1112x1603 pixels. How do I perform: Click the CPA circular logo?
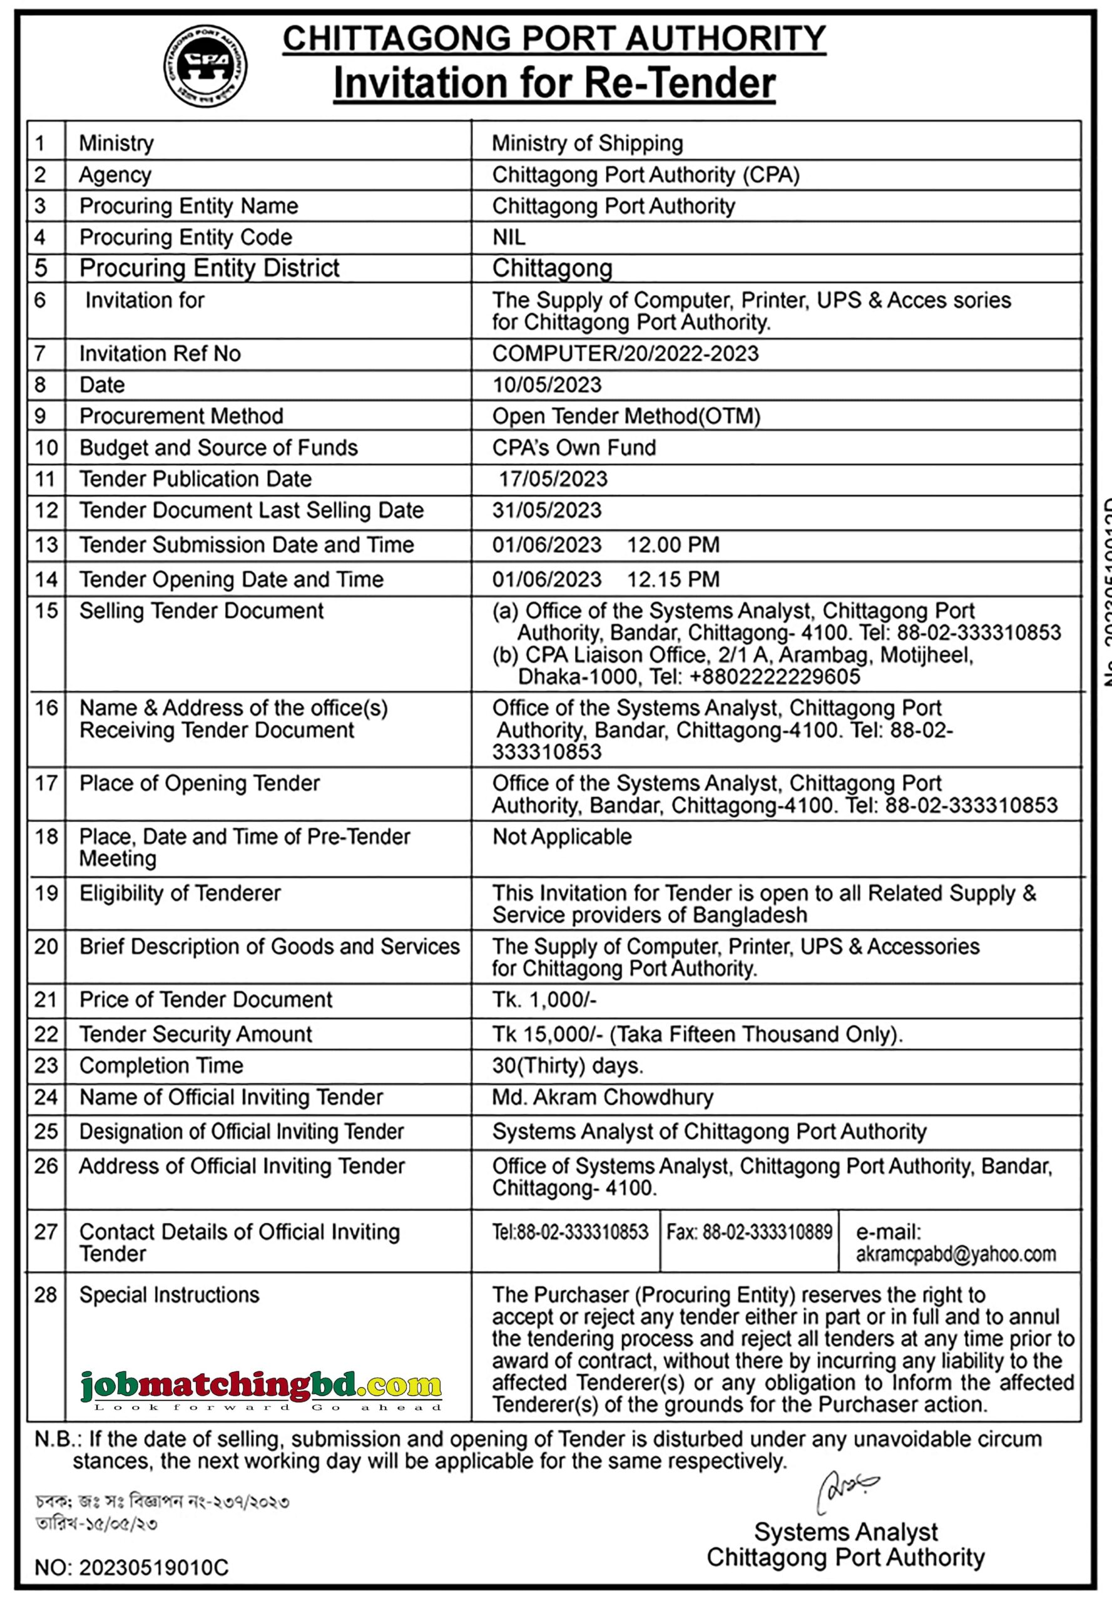(x=205, y=66)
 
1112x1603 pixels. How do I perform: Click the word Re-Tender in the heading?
(x=680, y=84)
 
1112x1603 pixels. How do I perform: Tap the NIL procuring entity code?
(x=509, y=238)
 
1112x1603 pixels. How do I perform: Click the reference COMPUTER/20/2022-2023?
(x=625, y=354)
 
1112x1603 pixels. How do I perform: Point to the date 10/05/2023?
(x=546, y=385)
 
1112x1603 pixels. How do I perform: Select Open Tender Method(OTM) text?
(x=626, y=416)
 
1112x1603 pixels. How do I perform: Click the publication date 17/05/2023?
(x=553, y=479)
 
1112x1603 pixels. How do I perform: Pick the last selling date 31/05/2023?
(x=546, y=510)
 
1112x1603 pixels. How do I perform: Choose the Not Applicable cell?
(x=561, y=837)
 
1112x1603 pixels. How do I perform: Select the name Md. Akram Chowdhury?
(x=602, y=1098)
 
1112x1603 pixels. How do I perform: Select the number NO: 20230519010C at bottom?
(x=131, y=1568)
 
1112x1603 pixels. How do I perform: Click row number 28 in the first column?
(x=45, y=1295)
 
